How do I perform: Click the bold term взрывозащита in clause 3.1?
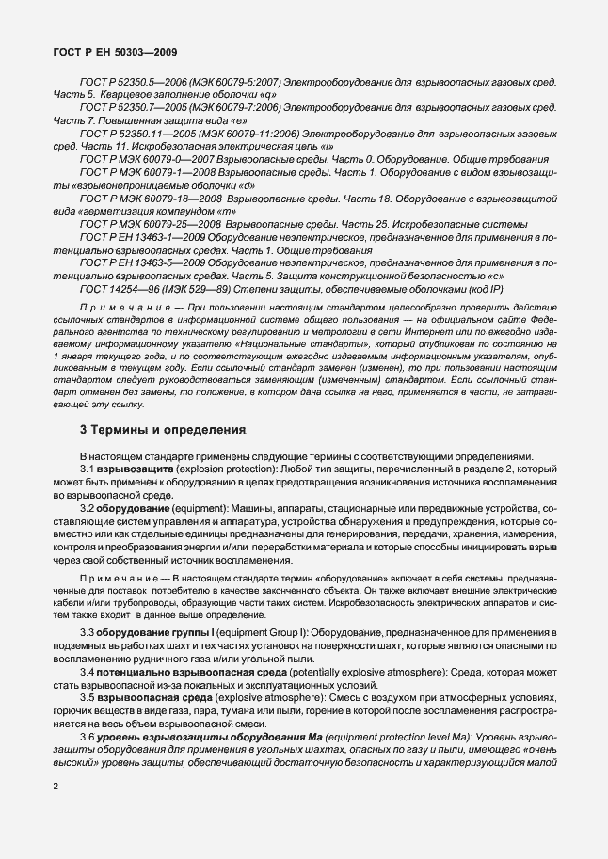[134, 468]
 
